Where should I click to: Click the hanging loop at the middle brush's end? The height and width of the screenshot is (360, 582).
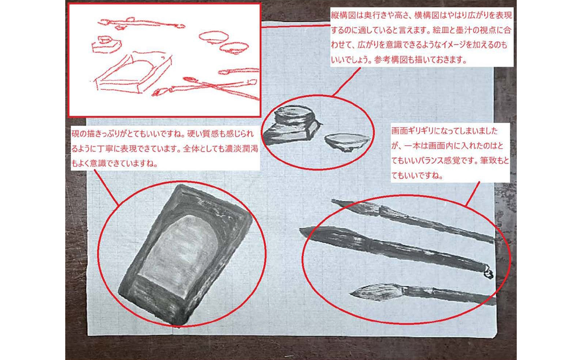pos(488,273)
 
